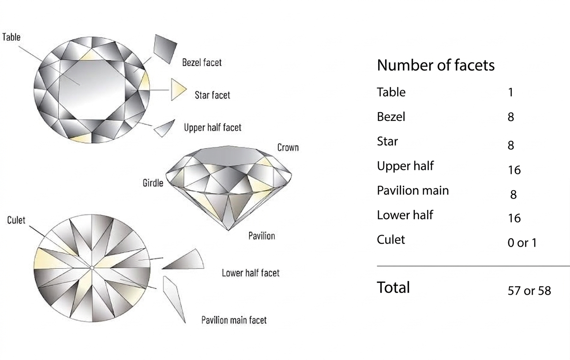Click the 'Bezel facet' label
[202, 63]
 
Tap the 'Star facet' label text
[212, 95]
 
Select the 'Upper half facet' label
[213, 127]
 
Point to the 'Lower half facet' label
[251, 273]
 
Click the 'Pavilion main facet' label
[234, 320]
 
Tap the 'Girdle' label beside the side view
[153, 183]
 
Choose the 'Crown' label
[288, 147]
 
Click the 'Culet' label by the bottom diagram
[16, 220]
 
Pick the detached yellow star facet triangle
[178, 89]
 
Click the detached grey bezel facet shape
[165, 49]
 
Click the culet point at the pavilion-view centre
[92, 268]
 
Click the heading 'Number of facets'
[435, 65]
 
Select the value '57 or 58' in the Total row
[529, 291]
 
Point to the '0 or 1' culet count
[522, 243]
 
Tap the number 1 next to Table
[511, 92]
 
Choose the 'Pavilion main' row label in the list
[413, 191]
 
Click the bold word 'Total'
[394, 288]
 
